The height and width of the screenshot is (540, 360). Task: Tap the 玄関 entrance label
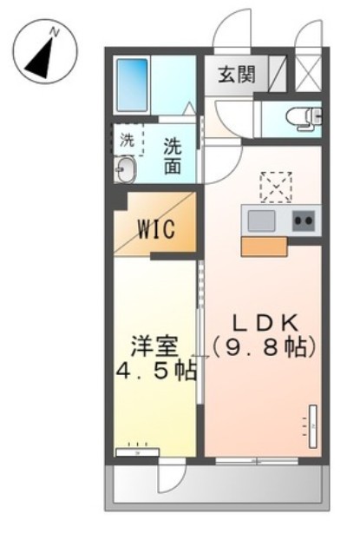237,75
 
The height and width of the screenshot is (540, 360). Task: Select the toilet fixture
304,118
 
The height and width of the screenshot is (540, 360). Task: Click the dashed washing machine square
127,140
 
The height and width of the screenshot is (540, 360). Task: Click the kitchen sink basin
261,221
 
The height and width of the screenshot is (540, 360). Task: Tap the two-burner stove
303,221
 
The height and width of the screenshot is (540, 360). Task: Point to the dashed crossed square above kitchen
276,187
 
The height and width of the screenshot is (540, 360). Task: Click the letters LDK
265,319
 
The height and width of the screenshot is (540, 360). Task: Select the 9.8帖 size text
264,346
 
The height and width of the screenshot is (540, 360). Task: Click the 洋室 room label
155,344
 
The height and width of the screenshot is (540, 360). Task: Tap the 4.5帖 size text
155,372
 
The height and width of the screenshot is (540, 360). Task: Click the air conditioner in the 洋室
138,451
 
